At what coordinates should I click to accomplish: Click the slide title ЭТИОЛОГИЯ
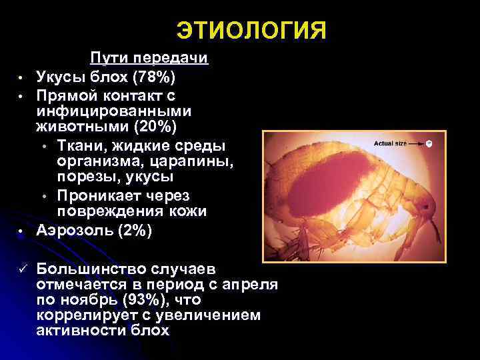point(251,31)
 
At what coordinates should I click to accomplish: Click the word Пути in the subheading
point(110,59)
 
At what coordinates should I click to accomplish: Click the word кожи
point(185,212)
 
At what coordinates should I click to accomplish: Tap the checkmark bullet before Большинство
point(21,268)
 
